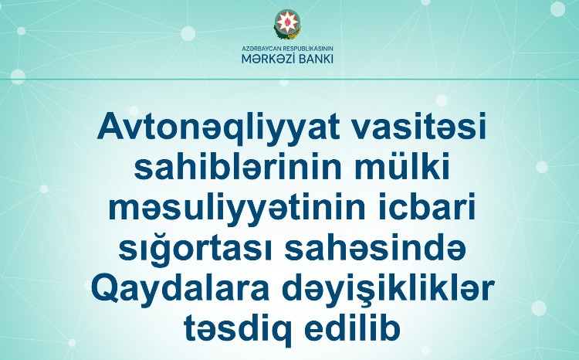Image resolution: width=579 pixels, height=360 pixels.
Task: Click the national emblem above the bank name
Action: [288, 25]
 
